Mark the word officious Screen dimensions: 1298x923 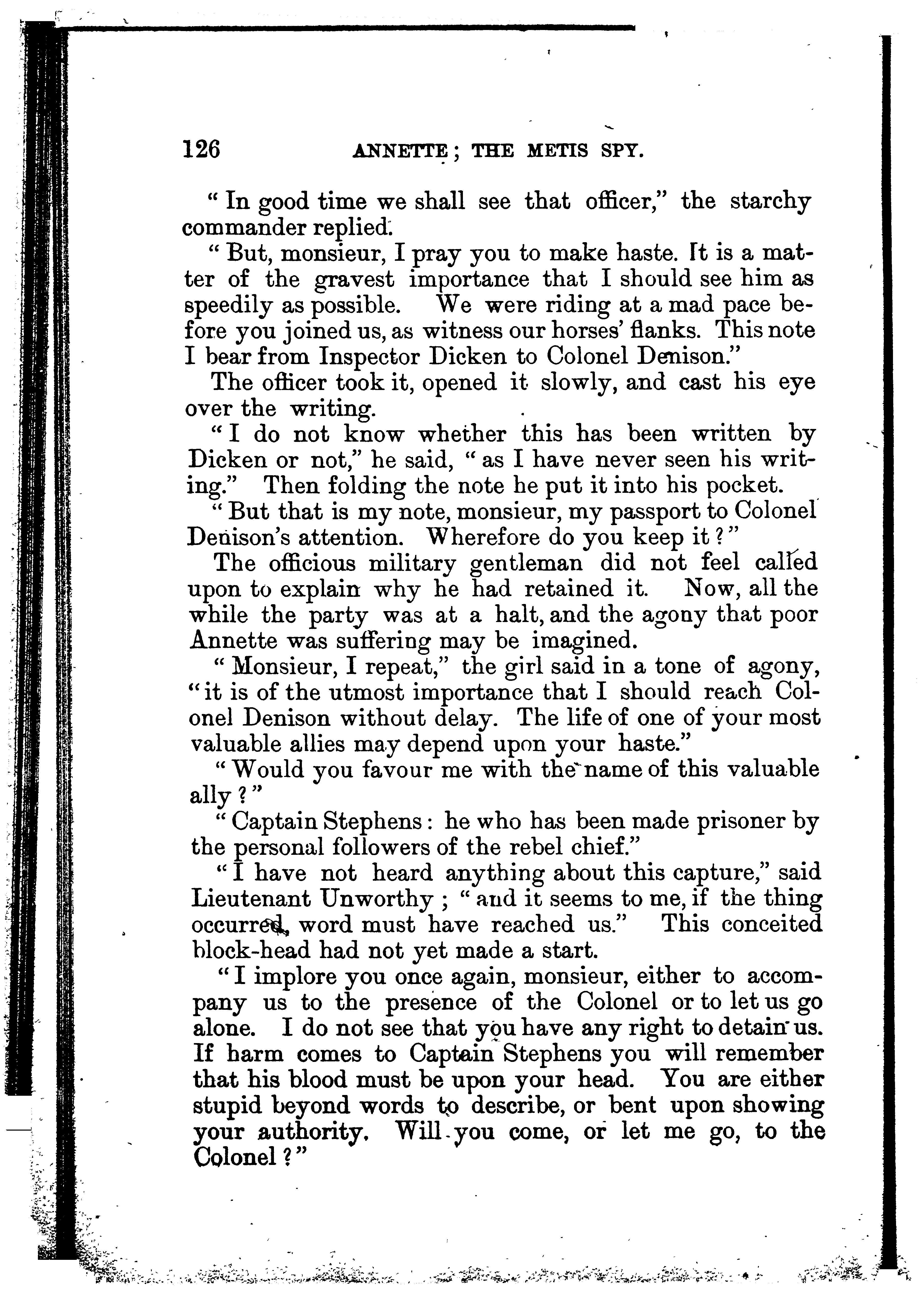click(x=312, y=564)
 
